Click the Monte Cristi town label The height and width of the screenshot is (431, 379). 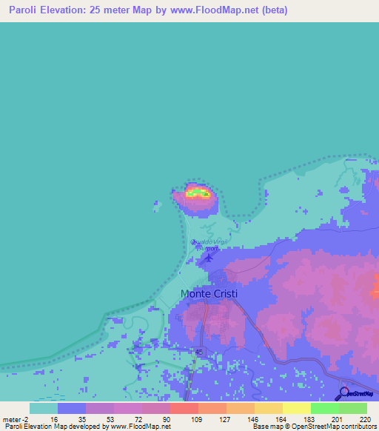(209, 294)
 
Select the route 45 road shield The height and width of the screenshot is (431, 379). (198, 352)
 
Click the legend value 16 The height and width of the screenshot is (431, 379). (53, 419)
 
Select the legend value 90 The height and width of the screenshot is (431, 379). (167, 419)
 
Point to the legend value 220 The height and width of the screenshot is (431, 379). (363, 419)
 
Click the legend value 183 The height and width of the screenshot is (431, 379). (307, 419)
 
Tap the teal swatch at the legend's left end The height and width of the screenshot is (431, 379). (44, 408)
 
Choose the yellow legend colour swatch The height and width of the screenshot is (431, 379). (296, 408)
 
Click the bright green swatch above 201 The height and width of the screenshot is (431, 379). (324, 408)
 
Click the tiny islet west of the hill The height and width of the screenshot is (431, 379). (156, 201)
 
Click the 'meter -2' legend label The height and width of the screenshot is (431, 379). (16, 419)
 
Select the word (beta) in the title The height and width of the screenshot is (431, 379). (272, 10)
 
